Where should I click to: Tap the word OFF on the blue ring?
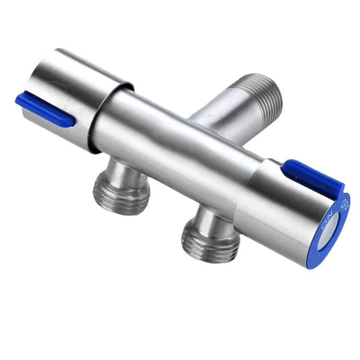coord(344,204)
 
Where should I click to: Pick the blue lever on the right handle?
coord(312,176)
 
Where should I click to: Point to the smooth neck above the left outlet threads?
coord(122,170)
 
